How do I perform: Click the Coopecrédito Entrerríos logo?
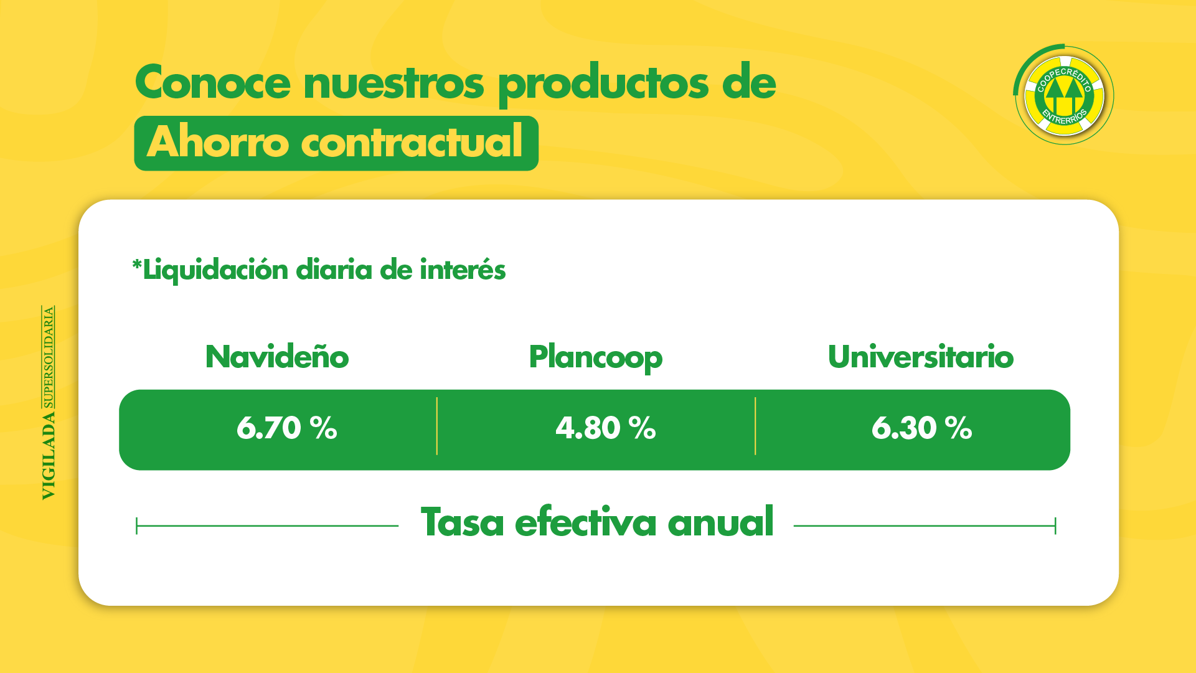pyautogui.click(x=1064, y=95)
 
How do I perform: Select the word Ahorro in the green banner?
pyautogui.click(x=217, y=143)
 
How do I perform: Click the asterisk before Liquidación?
pyautogui.click(x=136, y=266)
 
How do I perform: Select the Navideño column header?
pyautogui.click(x=277, y=357)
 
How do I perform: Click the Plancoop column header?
pyautogui.click(x=595, y=358)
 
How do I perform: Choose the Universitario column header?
pyautogui.click(x=920, y=357)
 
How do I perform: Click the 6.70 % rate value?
pyautogui.click(x=286, y=428)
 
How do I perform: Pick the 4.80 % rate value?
pyautogui.click(x=605, y=428)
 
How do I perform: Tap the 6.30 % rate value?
pyautogui.click(x=921, y=428)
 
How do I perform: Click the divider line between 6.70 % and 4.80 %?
pyautogui.click(x=437, y=426)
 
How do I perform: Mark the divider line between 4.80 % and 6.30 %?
pyautogui.click(x=755, y=426)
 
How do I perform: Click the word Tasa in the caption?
pyautogui.click(x=462, y=522)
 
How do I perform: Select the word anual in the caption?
pyautogui.click(x=720, y=522)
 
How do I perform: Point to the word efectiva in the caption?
pyautogui.click(x=585, y=522)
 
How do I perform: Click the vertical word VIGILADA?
pyautogui.click(x=49, y=455)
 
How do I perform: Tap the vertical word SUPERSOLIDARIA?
pyautogui.click(x=49, y=357)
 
